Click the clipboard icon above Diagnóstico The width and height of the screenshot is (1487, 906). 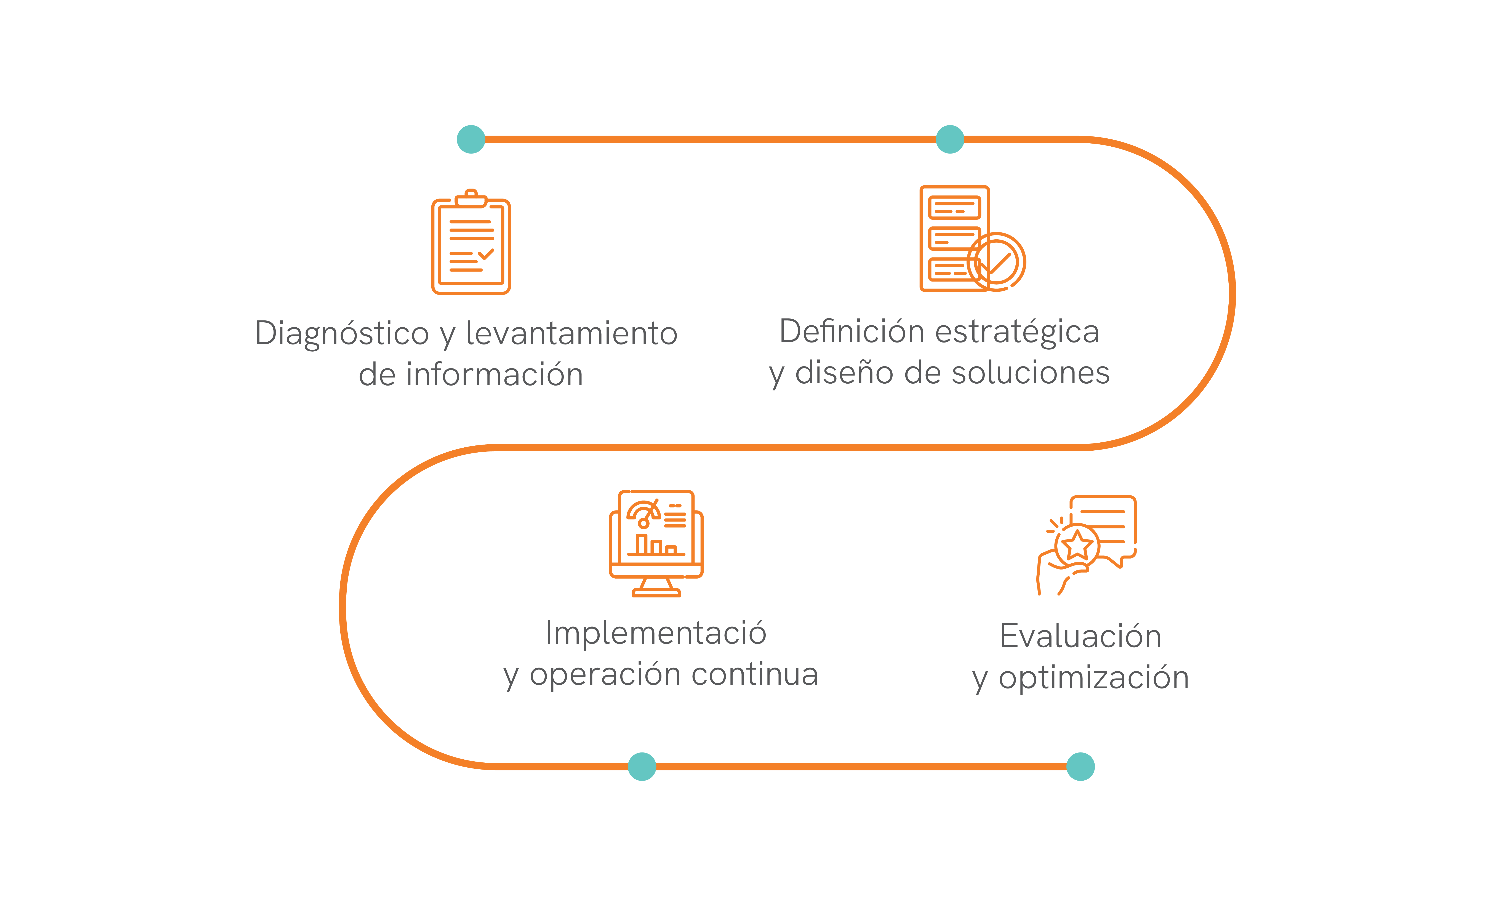[x=471, y=243]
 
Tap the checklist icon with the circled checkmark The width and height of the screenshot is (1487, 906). [x=972, y=239]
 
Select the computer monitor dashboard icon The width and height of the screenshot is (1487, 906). [x=656, y=543]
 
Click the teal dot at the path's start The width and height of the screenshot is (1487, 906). [x=471, y=139]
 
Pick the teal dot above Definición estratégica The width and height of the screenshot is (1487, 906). [x=950, y=139]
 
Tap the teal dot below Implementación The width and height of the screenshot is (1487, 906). [x=642, y=767]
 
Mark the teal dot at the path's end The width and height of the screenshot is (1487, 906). [x=1080, y=767]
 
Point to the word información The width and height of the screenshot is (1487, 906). [x=495, y=375]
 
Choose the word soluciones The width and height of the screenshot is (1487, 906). [x=1031, y=372]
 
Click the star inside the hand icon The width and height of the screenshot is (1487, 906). [x=1077, y=546]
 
